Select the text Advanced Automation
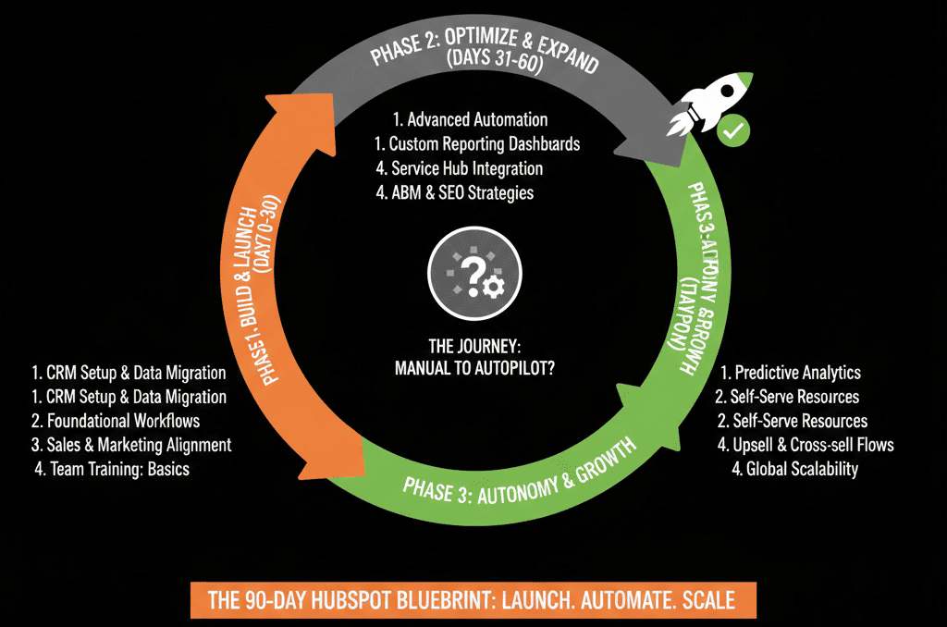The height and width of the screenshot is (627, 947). click(x=469, y=120)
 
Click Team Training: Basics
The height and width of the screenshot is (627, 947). click(x=111, y=469)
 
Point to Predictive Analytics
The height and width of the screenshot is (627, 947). click(x=791, y=373)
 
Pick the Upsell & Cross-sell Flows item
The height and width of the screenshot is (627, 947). click(x=806, y=445)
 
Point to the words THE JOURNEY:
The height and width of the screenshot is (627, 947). click(x=474, y=347)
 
